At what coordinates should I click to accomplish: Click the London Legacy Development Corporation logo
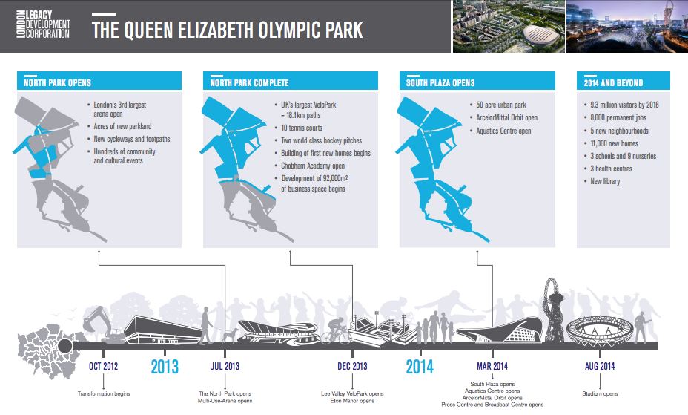(44, 25)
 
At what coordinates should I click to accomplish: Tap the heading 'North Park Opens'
(58, 83)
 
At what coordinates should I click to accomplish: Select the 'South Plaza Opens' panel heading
(440, 83)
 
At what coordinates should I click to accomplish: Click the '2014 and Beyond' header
(613, 83)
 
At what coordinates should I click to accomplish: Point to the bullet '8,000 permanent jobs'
(618, 118)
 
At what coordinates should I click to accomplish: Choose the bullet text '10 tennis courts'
(302, 128)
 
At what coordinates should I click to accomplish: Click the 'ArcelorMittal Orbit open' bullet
(507, 118)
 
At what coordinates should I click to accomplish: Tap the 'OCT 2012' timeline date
(104, 366)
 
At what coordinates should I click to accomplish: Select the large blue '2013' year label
(165, 367)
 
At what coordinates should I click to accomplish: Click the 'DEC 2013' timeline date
(352, 366)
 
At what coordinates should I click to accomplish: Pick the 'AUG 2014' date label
(600, 366)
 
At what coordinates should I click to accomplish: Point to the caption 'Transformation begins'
(104, 393)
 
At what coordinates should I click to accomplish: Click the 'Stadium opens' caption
(600, 393)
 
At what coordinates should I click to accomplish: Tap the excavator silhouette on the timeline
(102, 325)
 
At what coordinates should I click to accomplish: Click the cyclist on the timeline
(336, 331)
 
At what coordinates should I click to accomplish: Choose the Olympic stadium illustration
(599, 330)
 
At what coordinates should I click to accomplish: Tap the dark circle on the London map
(65, 346)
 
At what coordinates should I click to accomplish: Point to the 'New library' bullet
(605, 181)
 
